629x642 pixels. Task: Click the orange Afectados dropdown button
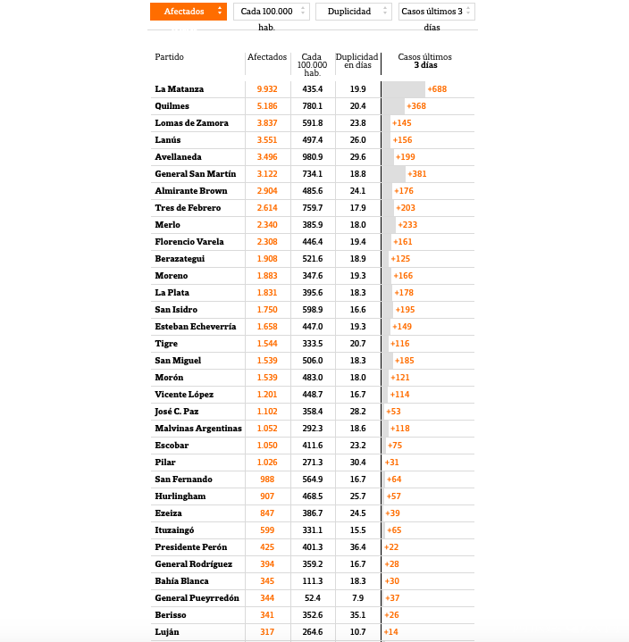pyautogui.click(x=188, y=12)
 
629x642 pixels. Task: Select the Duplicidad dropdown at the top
pyautogui.click(x=353, y=12)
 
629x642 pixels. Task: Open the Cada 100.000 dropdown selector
pyautogui.click(x=272, y=12)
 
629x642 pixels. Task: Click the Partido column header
pyautogui.click(x=170, y=57)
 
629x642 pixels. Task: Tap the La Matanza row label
pyautogui.click(x=180, y=89)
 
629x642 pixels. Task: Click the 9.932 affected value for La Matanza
pyautogui.click(x=267, y=89)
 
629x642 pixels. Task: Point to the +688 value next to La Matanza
pyautogui.click(x=437, y=89)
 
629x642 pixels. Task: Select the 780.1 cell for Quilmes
pyautogui.click(x=312, y=106)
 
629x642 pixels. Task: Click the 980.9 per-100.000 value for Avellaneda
pyautogui.click(x=312, y=157)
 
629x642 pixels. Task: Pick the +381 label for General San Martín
pyautogui.click(x=416, y=174)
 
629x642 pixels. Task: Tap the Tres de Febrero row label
pyautogui.click(x=188, y=208)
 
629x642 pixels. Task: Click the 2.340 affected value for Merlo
pyautogui.click(x=267, y=225)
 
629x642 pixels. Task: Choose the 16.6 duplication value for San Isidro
pyautogui.click(x=357, y=309)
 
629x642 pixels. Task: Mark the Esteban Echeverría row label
pyautogui.click(x=196, y=327)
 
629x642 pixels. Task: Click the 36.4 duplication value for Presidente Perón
pyautogui.click(x=357, y=547)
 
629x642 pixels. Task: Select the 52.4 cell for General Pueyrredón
pyautogui.click(x=312, y=598)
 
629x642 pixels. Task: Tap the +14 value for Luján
pyautogui.click(x=391, y=632)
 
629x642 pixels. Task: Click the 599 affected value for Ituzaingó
pyautogui.click(x=267, y=530)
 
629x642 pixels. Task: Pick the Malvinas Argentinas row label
pyautogui.click(x=198, y=429)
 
